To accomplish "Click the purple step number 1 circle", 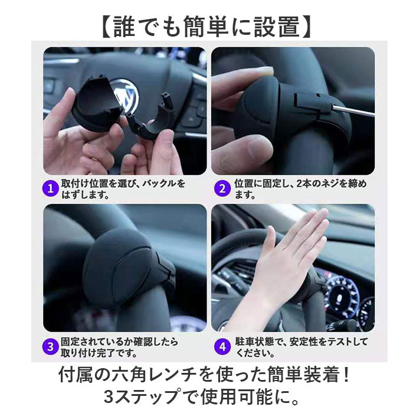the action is [50, 188].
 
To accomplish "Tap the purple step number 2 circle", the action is [222, 188].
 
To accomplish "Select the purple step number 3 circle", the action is [50, 347].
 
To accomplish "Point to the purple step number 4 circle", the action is [222, 347].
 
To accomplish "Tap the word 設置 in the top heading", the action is [277, 27].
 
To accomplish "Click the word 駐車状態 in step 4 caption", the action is [255, 342].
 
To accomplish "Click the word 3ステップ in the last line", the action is [141, 396].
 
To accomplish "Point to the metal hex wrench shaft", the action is [352, 110].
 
